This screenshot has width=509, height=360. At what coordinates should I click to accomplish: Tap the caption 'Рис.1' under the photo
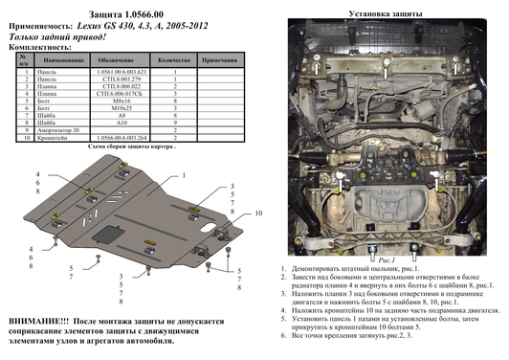pyautogui.click(x=363, y=259)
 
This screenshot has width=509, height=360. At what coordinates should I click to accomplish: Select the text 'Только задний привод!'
pyautogui.click(x=57, y=35)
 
